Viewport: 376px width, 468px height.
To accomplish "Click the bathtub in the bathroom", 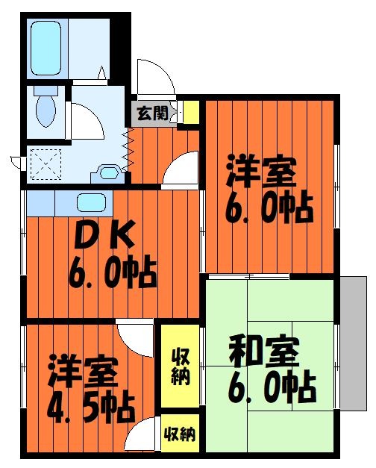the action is [46, 48].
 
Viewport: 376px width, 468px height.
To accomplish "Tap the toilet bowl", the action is [46, 111].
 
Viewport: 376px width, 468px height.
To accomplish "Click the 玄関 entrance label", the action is [152, 113].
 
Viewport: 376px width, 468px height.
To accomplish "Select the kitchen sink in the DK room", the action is [91, 203].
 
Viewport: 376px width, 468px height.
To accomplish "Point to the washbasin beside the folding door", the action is [109, 173].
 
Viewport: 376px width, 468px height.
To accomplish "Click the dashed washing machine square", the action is [46, 164].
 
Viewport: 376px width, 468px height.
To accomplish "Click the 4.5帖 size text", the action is [91, 408].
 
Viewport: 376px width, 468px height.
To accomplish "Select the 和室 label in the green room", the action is [264, 352].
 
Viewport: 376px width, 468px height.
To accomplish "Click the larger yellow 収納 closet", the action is [181, 366].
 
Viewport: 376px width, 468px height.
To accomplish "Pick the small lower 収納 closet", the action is [181, 434].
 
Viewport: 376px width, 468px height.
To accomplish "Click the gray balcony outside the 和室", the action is [354, 343].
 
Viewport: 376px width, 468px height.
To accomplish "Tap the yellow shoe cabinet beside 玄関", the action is [191, 112].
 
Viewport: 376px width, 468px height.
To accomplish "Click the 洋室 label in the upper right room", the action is [262, 171].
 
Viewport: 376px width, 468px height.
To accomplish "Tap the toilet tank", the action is [46, 90].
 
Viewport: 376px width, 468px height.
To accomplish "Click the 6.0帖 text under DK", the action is [113, 274].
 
